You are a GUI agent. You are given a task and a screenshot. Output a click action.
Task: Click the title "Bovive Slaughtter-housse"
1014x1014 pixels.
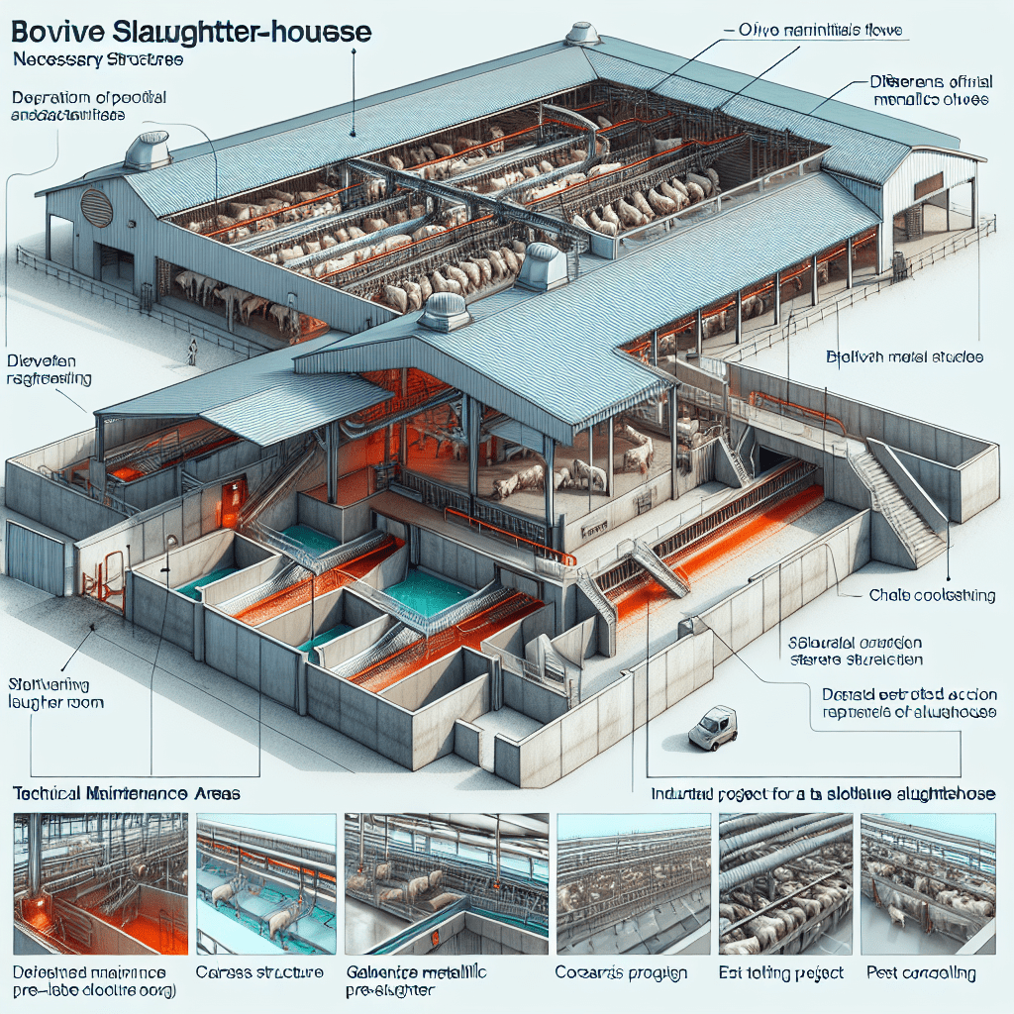[x=192, y=33]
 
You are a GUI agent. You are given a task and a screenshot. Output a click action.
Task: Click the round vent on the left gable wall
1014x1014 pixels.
[x=96, y=207]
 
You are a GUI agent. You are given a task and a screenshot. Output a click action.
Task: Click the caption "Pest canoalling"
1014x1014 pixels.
[x=919, y=974]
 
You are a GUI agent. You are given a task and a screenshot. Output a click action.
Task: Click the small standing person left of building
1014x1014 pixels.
[x=192, y=350]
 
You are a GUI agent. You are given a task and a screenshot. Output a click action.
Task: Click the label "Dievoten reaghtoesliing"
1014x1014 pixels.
[x=49, y=369]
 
